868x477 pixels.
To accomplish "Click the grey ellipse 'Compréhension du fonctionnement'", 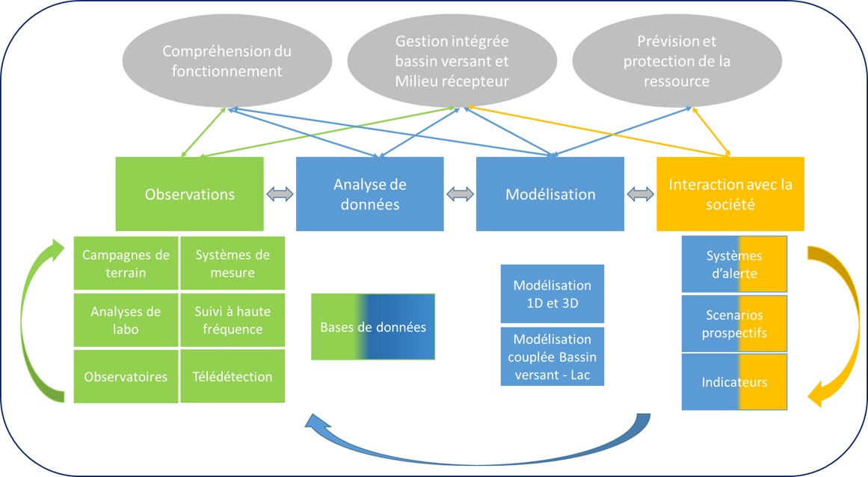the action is pos(227,61).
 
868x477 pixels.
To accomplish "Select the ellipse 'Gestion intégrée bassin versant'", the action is pos(452,61).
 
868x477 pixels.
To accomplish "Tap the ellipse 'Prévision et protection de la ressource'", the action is pos(677,61).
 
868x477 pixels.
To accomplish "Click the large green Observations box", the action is pos(189,194).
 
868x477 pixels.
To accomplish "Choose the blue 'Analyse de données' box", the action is pos(370,194).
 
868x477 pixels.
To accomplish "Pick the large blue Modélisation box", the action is pos(550,194).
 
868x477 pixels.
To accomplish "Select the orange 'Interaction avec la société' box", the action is pos(730,194).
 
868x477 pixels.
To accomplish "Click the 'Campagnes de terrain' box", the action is pos(126,263).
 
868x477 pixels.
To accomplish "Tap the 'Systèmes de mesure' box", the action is pos(233,263).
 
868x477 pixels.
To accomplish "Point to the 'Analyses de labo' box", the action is pos(126,320).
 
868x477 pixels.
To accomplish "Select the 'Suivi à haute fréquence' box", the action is pos(233,320).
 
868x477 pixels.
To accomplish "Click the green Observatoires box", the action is pos(126,376).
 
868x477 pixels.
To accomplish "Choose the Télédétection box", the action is pos(233,376).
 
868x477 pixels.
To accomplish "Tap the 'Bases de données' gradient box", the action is pos(373,327).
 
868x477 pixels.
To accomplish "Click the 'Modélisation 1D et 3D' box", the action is pos(552,294).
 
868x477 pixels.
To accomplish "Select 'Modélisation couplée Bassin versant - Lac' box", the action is pos(552,357).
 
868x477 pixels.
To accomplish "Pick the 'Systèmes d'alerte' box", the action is pos(734,264).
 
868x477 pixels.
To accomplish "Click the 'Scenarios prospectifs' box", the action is pos(734,324).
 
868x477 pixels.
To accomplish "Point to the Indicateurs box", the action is pos(734,382).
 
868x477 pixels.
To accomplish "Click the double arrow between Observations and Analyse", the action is pos(280,194).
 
